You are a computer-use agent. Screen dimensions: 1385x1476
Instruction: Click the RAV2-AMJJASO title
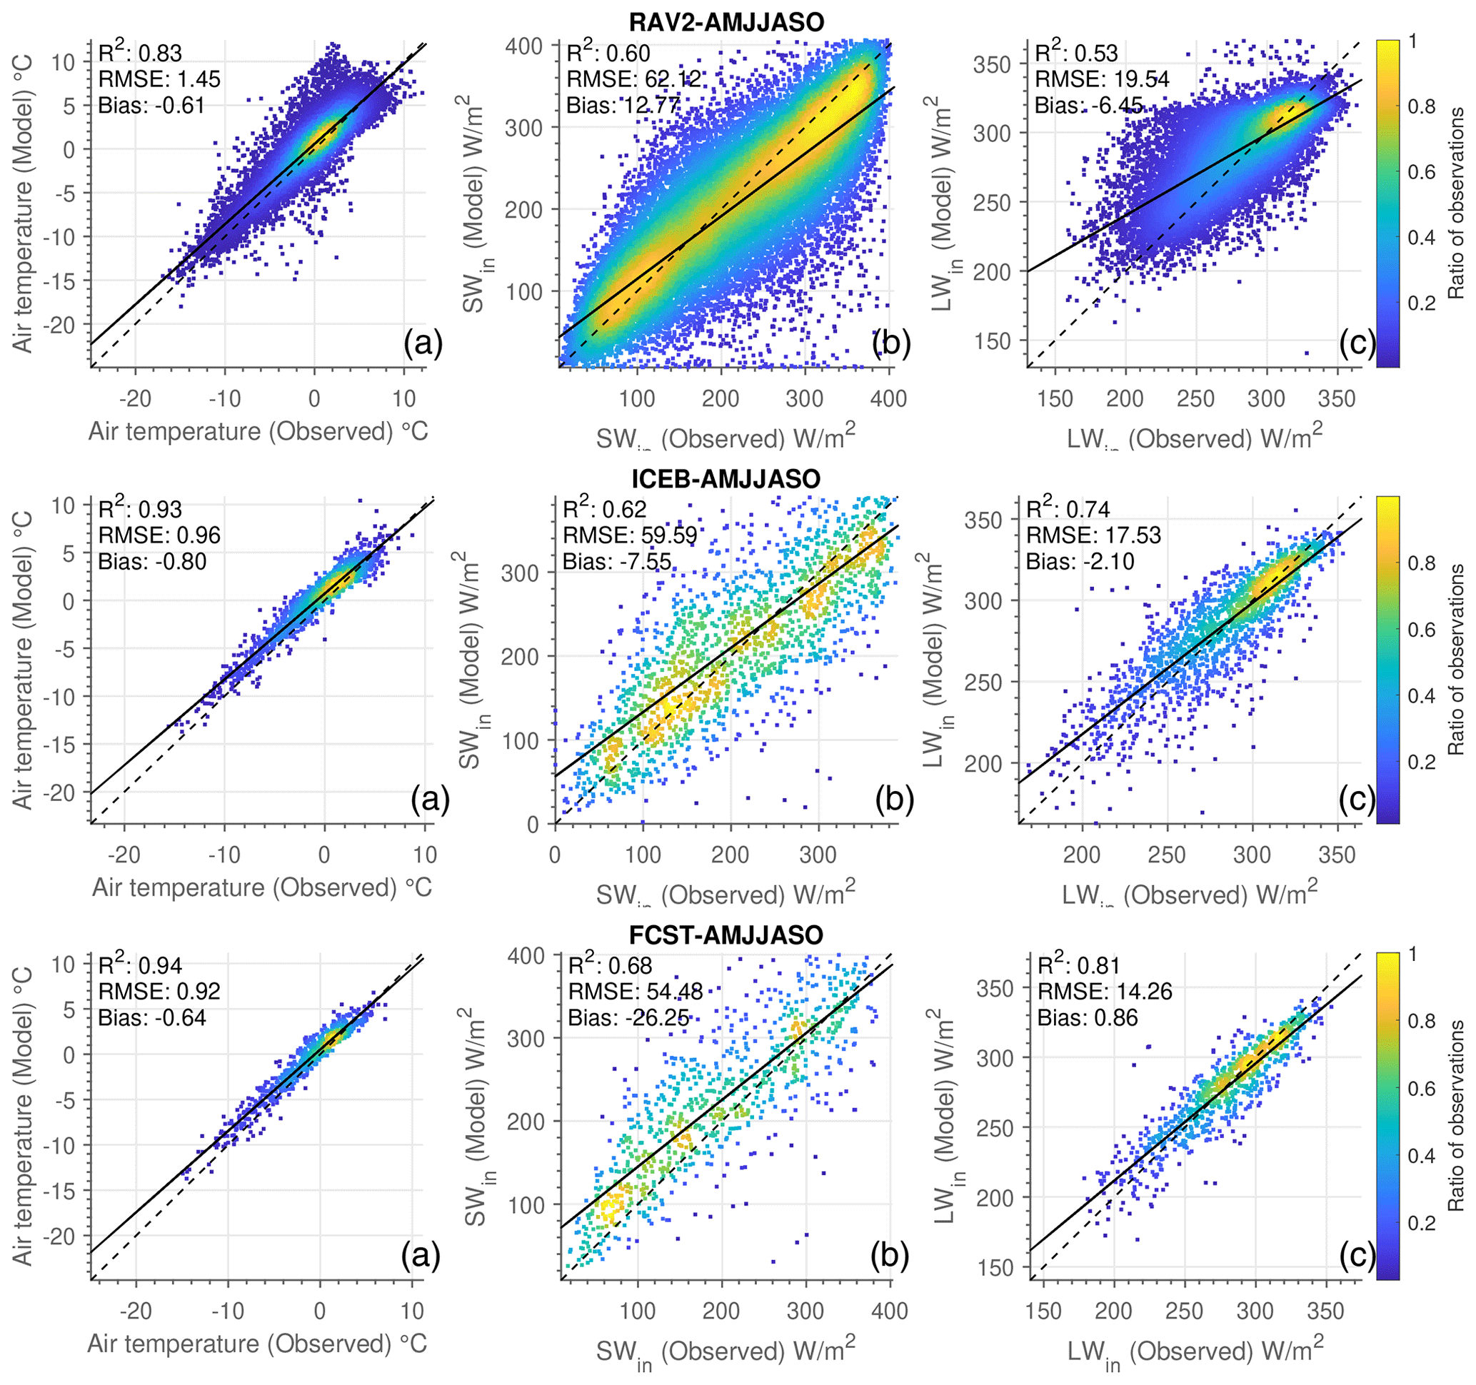[x=726, y=22]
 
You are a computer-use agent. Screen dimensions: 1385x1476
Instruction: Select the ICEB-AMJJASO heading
[x=726, y=479]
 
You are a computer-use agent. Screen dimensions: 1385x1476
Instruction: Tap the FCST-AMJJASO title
[x=726, y=935]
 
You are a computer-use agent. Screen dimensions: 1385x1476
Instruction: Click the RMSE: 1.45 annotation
[x=160, y=79]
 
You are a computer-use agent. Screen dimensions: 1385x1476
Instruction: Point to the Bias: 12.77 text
[x=623, y=106]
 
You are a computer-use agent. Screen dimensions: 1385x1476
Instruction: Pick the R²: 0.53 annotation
[x=1076, y=54]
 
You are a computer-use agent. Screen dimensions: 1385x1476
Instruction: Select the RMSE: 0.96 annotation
[x=160, y=535]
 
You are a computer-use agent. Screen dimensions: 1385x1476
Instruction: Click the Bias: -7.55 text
[x=617, y=561]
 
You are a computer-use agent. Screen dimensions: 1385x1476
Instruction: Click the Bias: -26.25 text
[x=628, y=1017]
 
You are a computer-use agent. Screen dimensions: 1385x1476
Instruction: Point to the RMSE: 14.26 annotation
[x=1105, y=992]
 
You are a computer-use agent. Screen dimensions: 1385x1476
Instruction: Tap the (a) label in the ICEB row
[x=430, y=800]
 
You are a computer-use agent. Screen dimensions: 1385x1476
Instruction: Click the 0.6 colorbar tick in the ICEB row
[x=1421, y=630]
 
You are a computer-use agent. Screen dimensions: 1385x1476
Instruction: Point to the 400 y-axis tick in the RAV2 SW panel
[x=523, y=46]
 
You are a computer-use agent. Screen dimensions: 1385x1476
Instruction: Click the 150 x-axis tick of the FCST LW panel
[x=1043, y=1311]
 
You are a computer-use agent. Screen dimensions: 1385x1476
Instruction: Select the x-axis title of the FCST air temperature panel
[x=258, y=1344]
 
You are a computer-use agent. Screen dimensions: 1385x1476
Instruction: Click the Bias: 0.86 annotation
[x=1088, y=1017]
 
